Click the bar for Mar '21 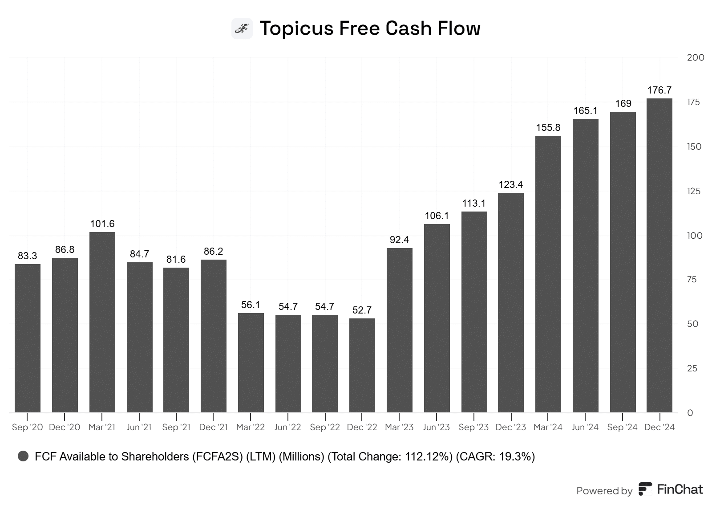click(102, 322)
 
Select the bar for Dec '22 click(362, 365)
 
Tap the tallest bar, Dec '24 click(659, 255)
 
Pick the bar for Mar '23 click(399, 330)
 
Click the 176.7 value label click(659, 90)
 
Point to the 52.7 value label click(362, 310)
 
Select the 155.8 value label click(548, 128)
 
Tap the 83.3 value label click(28, 256)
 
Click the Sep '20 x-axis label click(28, 428)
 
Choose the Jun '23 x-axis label click(437, 428)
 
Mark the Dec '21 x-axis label click(214, 428)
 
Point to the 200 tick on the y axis click(696, 57)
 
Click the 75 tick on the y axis click(692, 280)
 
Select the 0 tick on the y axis click(690, 413)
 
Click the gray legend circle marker click(23, 456)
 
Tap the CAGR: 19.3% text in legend click(495, 456)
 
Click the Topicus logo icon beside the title click(242, 29)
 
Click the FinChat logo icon click(645, 489)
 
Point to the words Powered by click(604, 491)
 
